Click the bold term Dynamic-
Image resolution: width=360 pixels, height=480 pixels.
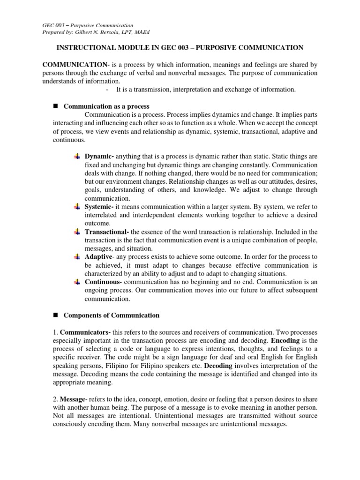pyautogui.click(x=99, y=156)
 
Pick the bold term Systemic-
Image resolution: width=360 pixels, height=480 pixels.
pyautogui.click(x=100, y=206)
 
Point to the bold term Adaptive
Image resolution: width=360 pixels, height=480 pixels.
pyautogui.click(x=98, y=257)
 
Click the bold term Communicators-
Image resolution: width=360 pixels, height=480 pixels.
pyautogui.click(x=85, y=331)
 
